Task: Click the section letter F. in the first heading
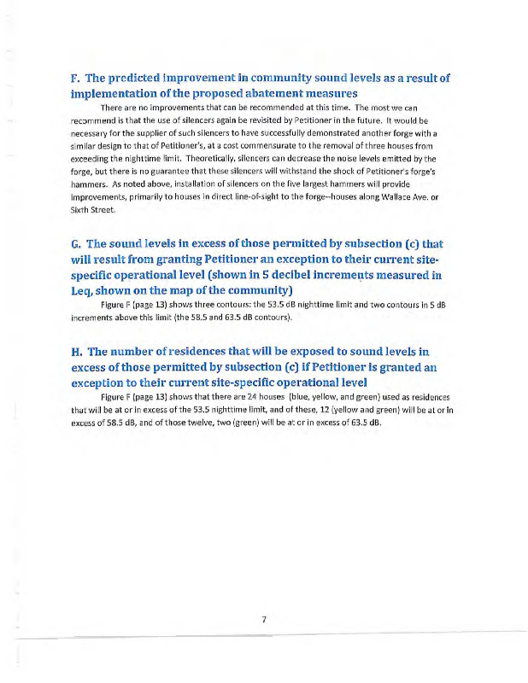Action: (x=76, y=79)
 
